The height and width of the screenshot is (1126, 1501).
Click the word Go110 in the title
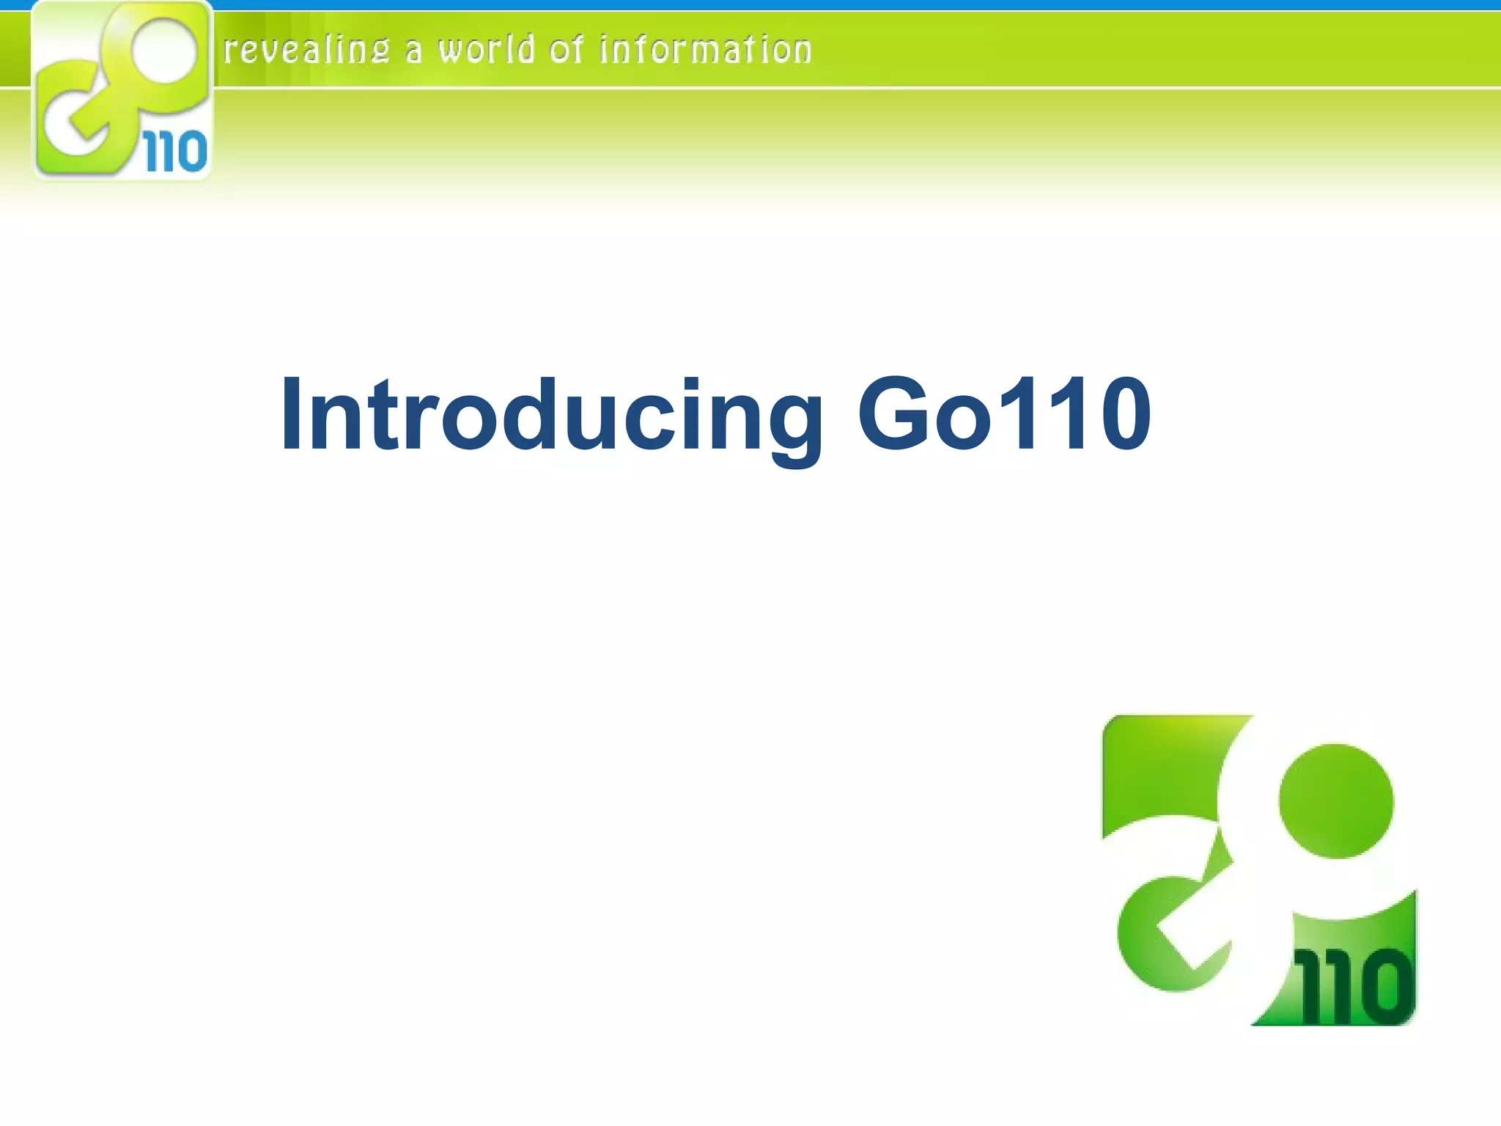(1004, 414)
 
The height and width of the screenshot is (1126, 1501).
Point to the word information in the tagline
(705, 51)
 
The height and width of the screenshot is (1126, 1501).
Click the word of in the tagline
(566, 51)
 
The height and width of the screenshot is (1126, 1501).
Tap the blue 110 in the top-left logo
(176, 152)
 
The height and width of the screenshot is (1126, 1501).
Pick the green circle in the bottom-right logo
(1335, 801)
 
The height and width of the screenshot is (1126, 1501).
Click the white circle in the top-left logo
(166, 52)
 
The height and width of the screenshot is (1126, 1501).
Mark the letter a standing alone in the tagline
(414, 52)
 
